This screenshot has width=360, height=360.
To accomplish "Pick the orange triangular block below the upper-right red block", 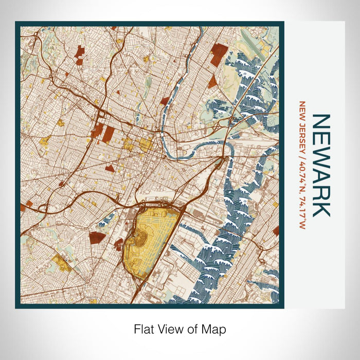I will pyautogui.click(x=212, y=81).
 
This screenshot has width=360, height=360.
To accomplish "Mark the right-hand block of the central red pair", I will pyautogui.click(x=109, y=134).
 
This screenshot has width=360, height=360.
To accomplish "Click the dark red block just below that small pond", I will pyautogui.click(x=97, y=237).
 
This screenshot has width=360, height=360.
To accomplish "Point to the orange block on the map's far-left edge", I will pyautogui.click(x=23, y=207).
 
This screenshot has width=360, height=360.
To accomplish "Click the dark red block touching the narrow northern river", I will pyautogui.click(x=165, y=101).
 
